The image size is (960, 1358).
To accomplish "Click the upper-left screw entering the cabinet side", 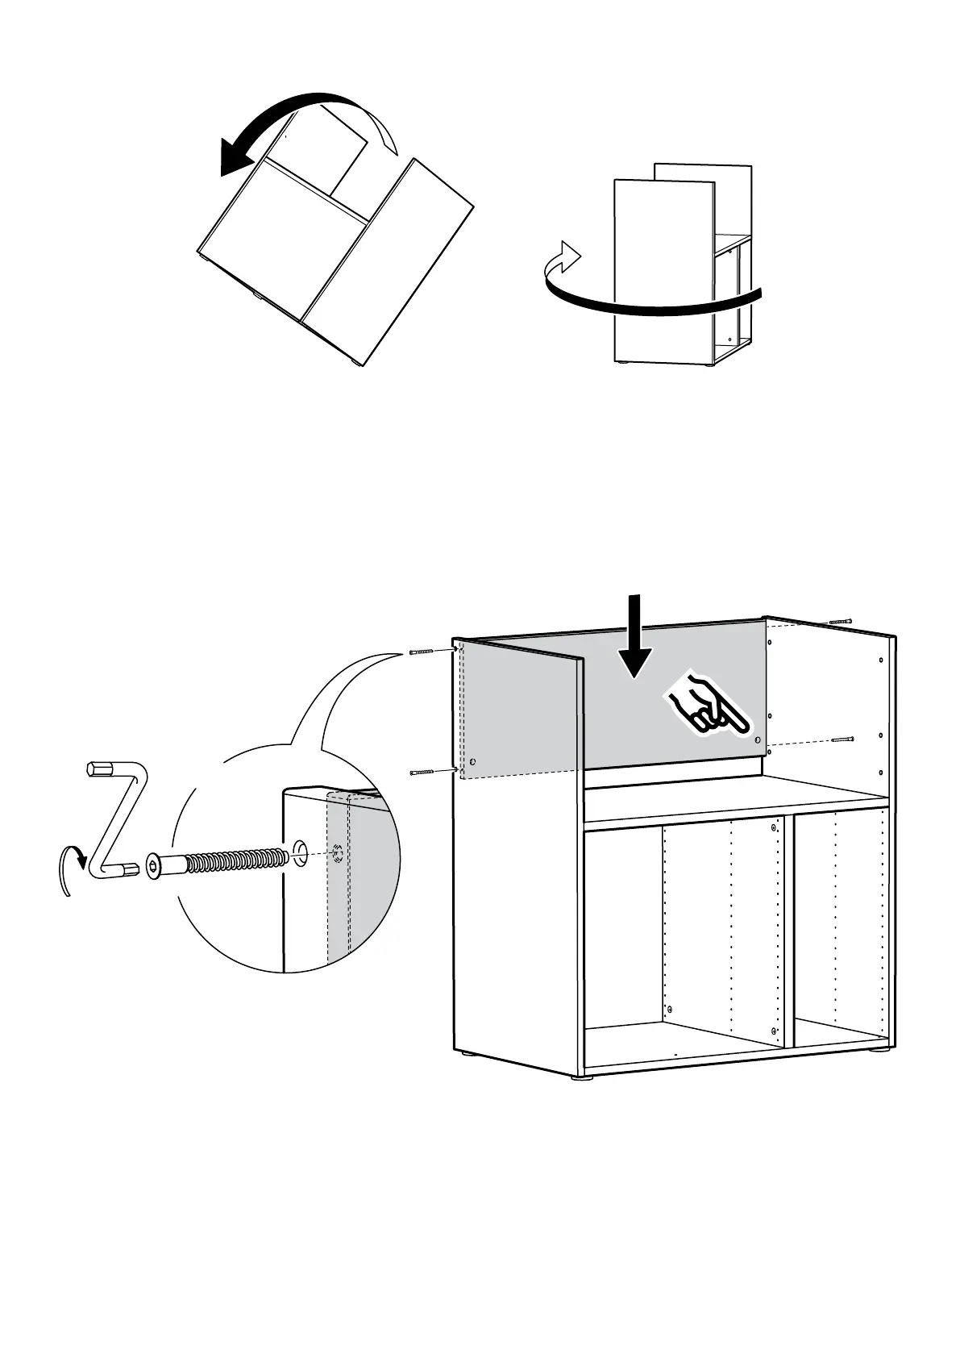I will pyautogui.click(x=421, y=651).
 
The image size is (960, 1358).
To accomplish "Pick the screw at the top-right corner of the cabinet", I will pyautogui.click(x=840, y=622).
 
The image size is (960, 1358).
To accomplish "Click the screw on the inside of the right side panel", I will pyautogui.click(x=841, y=739).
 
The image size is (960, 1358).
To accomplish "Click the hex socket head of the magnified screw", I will pyautogui.click(x=155, y=867).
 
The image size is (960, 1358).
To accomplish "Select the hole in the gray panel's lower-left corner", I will pyautogui.click(x=472, y=760).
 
